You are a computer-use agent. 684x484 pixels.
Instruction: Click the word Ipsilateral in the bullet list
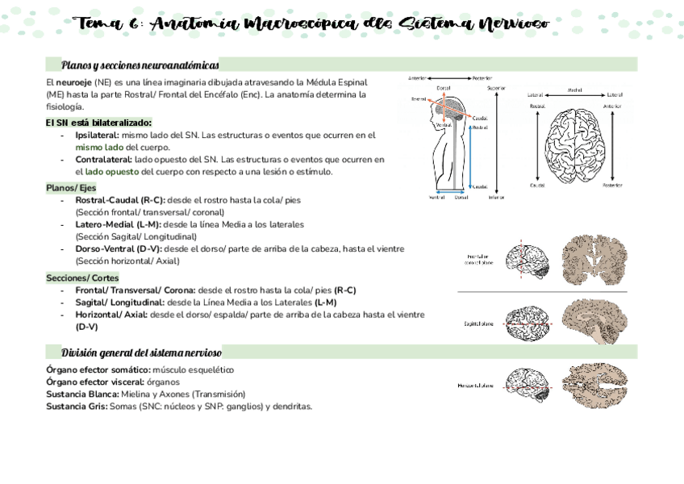point(97,136)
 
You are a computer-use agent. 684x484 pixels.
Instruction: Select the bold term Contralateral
point(103,160)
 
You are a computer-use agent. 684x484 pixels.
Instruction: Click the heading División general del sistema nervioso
point(141,353)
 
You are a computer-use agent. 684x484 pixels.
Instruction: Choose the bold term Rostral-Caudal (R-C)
point(119,199)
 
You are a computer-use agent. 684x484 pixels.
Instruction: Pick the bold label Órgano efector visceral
point(95,382)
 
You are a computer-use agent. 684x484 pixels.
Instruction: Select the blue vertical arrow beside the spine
point(470,152)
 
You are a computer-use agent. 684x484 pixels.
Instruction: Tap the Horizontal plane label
point(475,386)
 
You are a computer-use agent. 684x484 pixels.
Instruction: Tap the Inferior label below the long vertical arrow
point(496,198)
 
